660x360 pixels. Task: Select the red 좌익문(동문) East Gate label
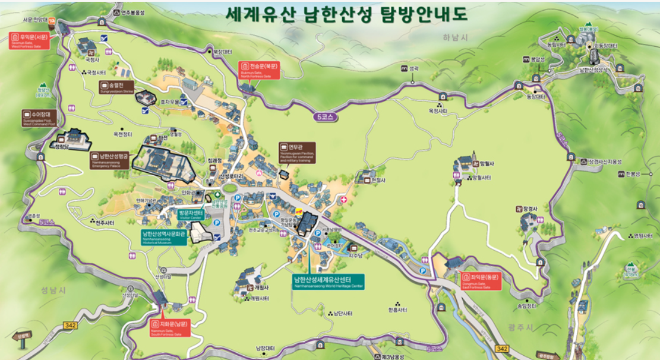point(482,280)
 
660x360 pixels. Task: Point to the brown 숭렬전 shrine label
point(116,87)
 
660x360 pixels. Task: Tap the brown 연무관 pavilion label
point(297,151)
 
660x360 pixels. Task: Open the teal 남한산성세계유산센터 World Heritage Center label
point(328,281)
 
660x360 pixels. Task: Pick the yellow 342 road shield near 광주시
point(503,349)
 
